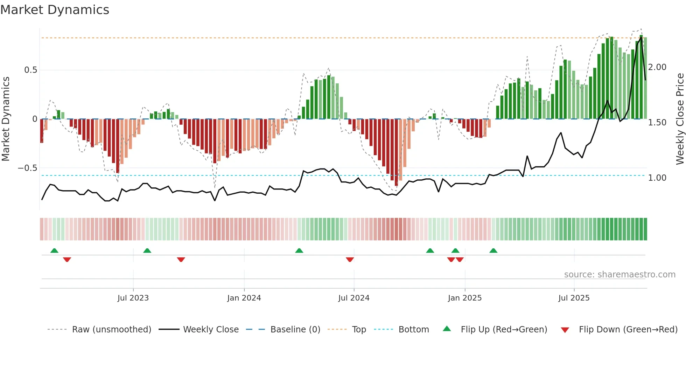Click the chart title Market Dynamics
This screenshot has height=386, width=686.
click(55, 10)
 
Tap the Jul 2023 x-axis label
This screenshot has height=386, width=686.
click(133, 298)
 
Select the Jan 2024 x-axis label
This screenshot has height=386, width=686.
click(244, 298)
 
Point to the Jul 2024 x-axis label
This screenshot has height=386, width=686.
click(353, 298)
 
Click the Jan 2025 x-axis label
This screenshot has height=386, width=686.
click(464, 298)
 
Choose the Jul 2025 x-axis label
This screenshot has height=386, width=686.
click(574, 298)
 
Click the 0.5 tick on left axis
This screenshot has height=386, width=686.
click(30, 70)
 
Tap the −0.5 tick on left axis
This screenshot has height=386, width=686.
click(27, 168)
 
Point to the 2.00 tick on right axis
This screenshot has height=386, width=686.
click(657, 67)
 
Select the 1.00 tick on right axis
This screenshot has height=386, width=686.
click(657, 178)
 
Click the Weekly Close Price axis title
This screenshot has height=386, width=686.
click(680, 119)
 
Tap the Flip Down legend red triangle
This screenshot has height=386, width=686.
click(565, 330)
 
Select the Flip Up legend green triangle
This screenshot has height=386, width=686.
click(447, 329)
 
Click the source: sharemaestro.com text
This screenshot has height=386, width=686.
click(619, 275)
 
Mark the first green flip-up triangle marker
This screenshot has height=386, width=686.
click(54, 250)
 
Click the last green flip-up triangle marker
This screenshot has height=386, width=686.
click(493, 250)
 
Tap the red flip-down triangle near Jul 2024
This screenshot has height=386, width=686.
click(350, 260)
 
